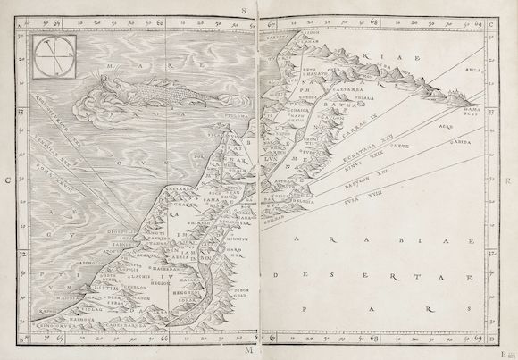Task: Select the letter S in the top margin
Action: [x=243, y=7]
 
